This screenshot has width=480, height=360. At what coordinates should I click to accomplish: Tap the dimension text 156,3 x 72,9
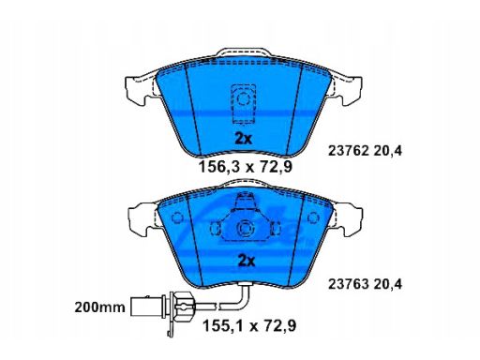246,167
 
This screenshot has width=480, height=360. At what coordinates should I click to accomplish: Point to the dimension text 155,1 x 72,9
249,326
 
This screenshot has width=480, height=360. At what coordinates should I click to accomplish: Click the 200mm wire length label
99,307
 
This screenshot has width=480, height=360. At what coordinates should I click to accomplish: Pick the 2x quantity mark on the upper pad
243,139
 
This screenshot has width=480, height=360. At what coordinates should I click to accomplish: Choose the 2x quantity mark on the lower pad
247,261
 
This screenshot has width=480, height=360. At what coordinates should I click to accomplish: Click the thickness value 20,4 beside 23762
388,152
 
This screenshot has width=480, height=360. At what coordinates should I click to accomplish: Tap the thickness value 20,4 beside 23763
388,285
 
